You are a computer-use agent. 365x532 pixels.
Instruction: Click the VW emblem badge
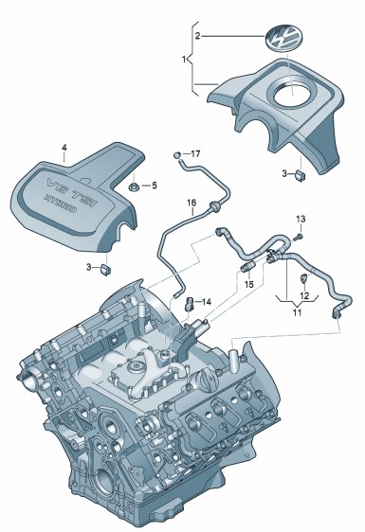[x=283, y=39]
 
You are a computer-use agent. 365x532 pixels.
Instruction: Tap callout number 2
[x=198, y=36]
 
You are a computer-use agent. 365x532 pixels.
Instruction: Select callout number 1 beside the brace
[x=184, y=60]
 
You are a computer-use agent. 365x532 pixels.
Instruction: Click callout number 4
[x=64, y=148]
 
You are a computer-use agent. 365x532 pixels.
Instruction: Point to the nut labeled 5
[x=134, y=186]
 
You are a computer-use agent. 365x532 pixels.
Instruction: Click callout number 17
[x=195, y=153]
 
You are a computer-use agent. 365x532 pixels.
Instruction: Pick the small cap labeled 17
[x=177, y=155]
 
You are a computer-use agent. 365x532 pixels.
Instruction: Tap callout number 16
[x=192, y=203]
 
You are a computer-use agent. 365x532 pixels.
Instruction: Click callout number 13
[x=301, y=220]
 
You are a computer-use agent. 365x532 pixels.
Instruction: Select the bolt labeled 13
[x=299, y=237]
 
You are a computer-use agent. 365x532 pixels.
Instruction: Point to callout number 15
[x=249, y=284]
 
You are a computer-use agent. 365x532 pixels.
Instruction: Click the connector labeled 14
[x=189, y=303]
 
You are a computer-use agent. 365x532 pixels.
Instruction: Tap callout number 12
[x=304, y=295]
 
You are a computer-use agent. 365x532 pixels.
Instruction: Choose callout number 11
[x=298, y=312]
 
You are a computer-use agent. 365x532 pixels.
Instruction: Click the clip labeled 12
[x=303, y=278]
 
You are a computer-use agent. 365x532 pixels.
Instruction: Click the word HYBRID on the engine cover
[x=61, y=204]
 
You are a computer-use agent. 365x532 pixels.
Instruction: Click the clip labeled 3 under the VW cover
[x=301, y=175]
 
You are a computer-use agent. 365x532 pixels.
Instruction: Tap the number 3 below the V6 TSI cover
[x=89, y=267]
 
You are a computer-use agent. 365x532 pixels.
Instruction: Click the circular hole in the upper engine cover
[x=292, y=94]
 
